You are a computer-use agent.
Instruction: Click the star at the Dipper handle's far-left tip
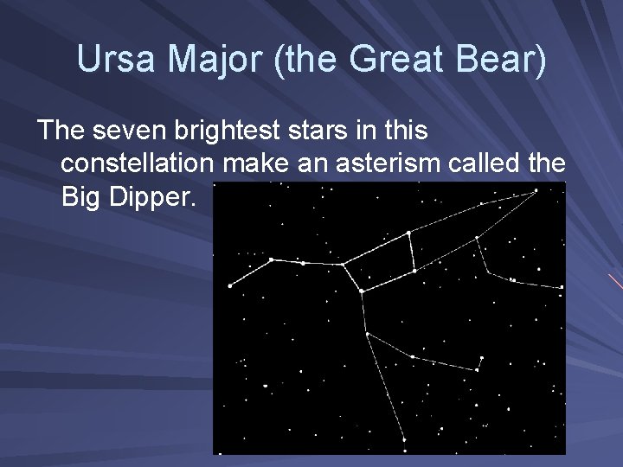click(x=229, y=285)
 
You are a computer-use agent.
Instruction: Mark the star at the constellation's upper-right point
click(x=536, y=192)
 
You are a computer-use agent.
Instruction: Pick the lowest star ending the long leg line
click(x=404, y=440)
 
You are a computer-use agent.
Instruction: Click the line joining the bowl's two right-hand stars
click(x=412, y=252)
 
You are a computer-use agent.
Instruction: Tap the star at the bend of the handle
click(x=271, y=259)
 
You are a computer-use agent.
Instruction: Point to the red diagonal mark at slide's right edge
click(x=615, y=282)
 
